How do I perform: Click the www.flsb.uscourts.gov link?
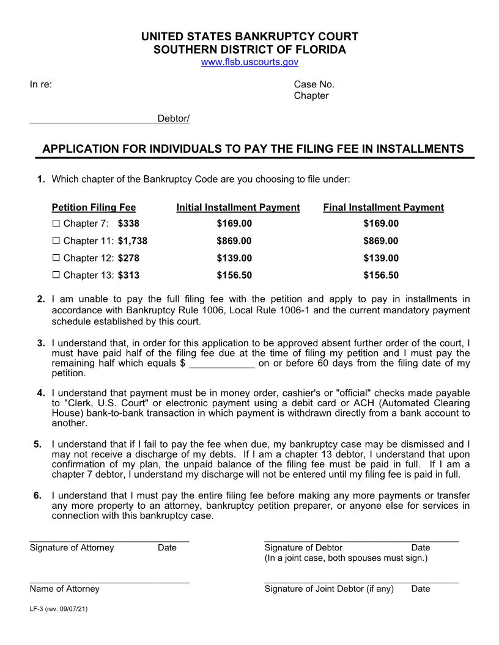pyautogui.click(x=250, y=62)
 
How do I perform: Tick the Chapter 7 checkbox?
pyautogui.click(x=56, y=224)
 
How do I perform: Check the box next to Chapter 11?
pyautogui.click(x=56, y=241)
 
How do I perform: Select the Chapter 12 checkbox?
pyautogui.click(x=56, y=258)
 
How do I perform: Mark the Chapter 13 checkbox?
pyautogui.click(x=56, y=275)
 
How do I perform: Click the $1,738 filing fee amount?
pyautogui.click(x=133, y=241)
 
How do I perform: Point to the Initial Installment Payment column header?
pyautogui.click(x=238, y=208)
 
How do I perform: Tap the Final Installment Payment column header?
pyautogui.click(x=383, y=208)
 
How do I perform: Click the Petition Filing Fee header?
pyautogui.click(x=94, y=208)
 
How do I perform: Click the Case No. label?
pyautogui.click(x=314, y=84)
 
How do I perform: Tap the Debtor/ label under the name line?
pyautogui.click(x=174, y=118)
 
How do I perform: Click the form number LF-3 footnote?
pyautogui.click(x=59, y=610)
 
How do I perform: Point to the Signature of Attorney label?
pyautogui.click(x=72, y=548)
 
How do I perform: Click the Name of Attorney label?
pyautogui.click(x=64, y=589)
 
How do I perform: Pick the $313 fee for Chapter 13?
pyautogui.click(x=128, y=275)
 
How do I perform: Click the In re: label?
pyautogui.click(x=40, y=84)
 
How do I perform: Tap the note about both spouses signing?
pyautogui.click(x=346, y=558)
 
